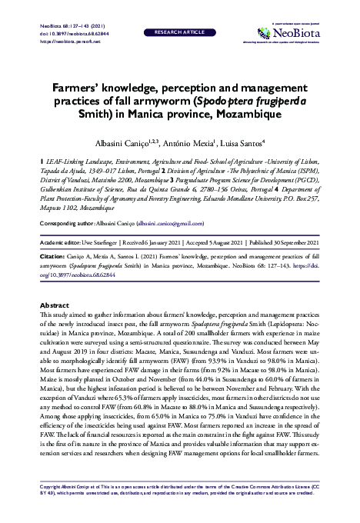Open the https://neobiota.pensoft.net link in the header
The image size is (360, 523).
(x=62, y=41)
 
